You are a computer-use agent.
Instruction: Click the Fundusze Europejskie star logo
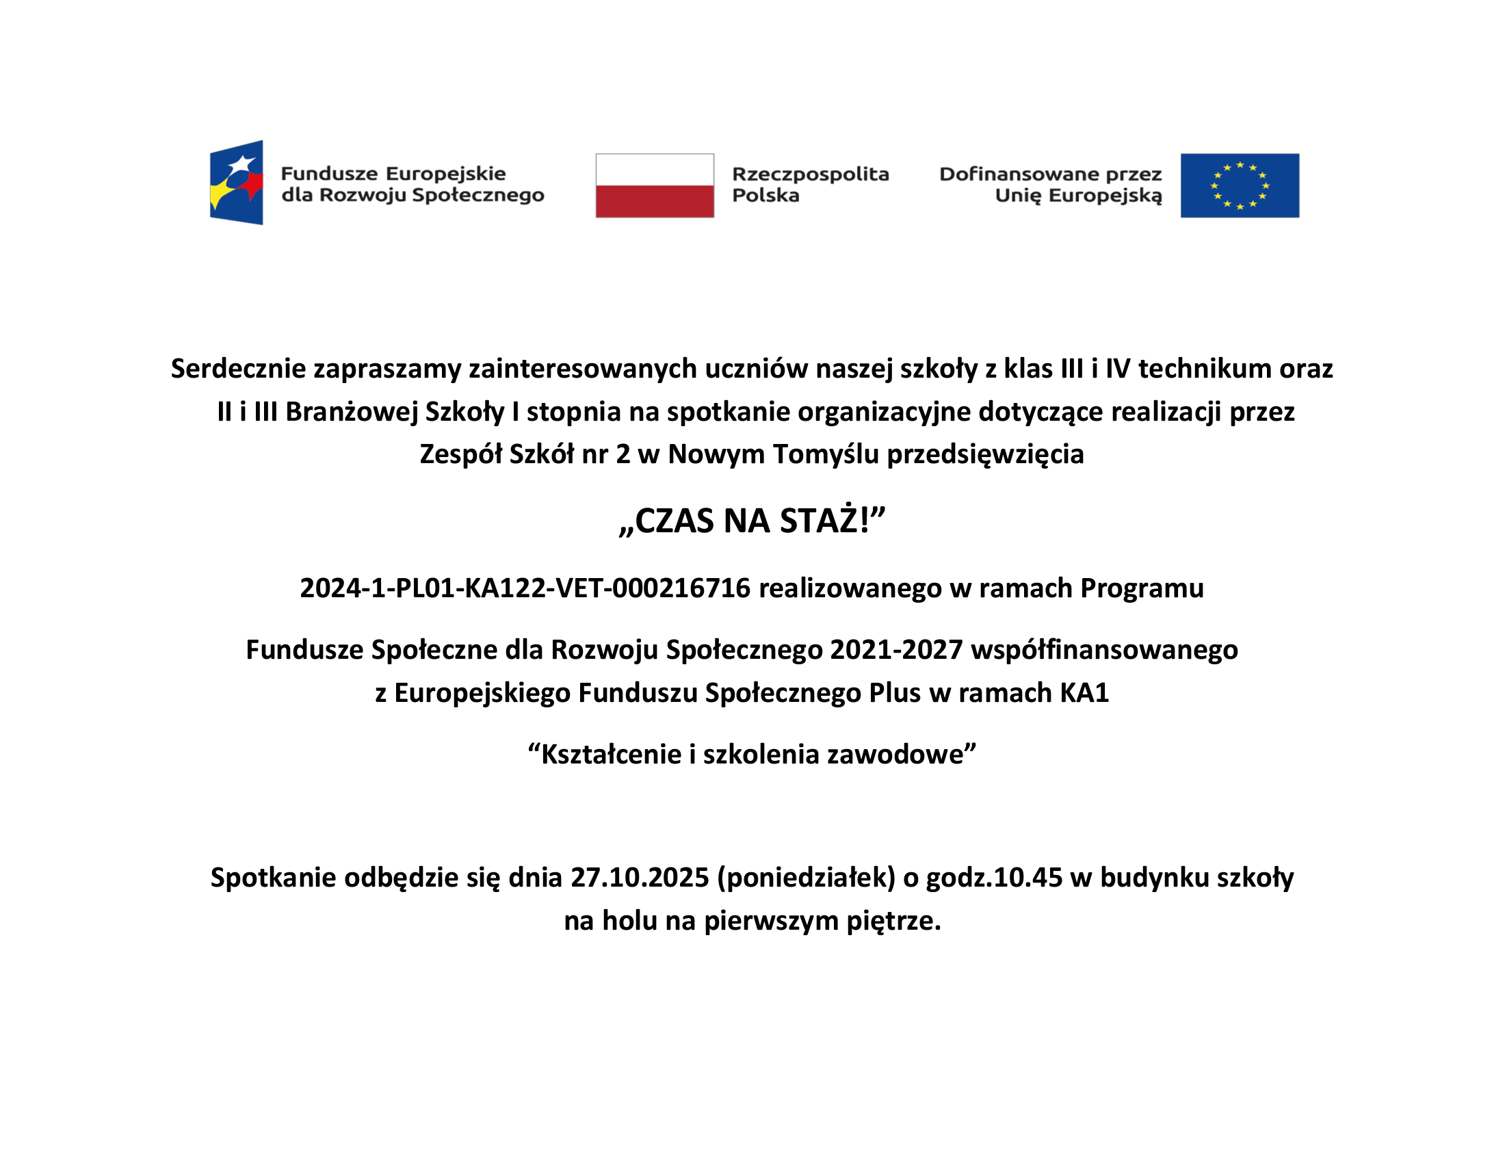point(237,183)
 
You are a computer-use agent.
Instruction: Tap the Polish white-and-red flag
point(655,185)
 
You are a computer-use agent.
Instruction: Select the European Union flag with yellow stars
point(1240,185)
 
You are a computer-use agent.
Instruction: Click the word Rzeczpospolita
point(811,174)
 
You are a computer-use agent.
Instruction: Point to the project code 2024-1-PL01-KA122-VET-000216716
point(525,588)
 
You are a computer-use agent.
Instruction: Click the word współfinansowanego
point(1104,650)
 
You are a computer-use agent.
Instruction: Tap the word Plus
point(895,692)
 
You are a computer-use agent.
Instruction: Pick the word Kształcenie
point(611,755)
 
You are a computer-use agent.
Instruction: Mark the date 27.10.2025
point(640,878)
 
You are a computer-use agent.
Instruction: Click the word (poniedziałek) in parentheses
point(806,878)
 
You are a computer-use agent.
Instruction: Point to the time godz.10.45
point(994,878)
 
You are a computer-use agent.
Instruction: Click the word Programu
point(1142,588)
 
